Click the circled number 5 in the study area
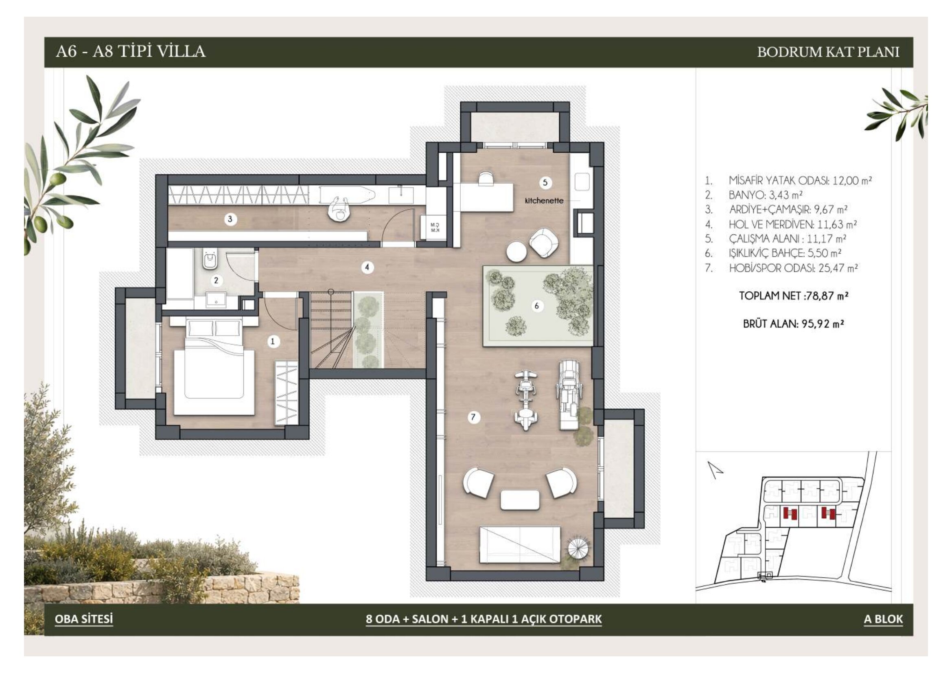(x=545, y=182)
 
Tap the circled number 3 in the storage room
(x=230, y=219)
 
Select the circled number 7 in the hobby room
(x=473, y=417)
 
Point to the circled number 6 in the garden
(x=537, y=306)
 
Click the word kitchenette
(x=544, y=201)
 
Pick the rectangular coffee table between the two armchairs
(x=521, y=500)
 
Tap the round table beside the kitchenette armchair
(x=516, y=252)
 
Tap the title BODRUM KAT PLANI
(x=828, y=52)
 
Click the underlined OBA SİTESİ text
(x=84, y=619)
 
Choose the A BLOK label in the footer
(x=883, y=619)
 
